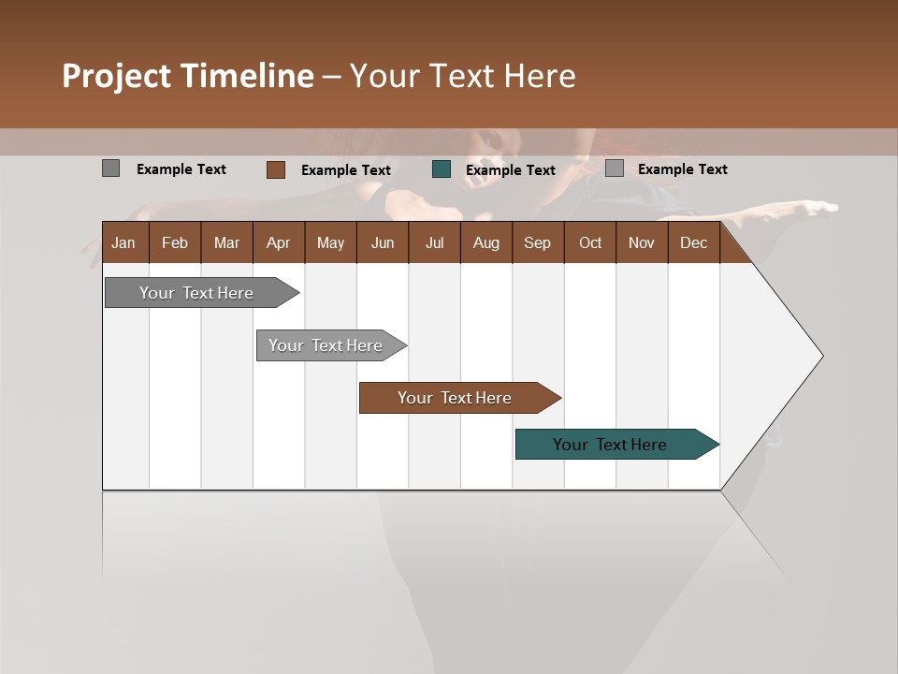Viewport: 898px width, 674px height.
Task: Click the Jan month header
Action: [x=123, y=242]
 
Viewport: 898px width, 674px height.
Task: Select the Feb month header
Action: [x=175, y=242]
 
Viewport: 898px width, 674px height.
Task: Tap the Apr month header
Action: [x=279, y=242]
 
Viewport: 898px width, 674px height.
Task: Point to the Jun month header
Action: [x=383, y=242]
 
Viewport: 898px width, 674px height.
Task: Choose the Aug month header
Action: [x=486, y=242]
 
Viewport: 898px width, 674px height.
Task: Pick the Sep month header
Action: [x=538, y=242]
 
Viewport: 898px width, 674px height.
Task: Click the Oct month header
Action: [x=590, y=242]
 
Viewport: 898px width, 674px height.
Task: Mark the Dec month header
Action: [x=694, y=242]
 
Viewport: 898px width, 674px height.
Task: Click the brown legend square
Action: [x=276, y=169]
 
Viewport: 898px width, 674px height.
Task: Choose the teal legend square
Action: [x=442, y=169]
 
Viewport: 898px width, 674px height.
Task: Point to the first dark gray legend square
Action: [x=111, y=168]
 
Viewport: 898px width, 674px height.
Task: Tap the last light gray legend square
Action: [x=615, y=168]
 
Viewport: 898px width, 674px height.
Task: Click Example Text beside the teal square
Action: [x=511, y=170]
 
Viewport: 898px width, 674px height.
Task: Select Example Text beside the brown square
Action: [x=346, y=170]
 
